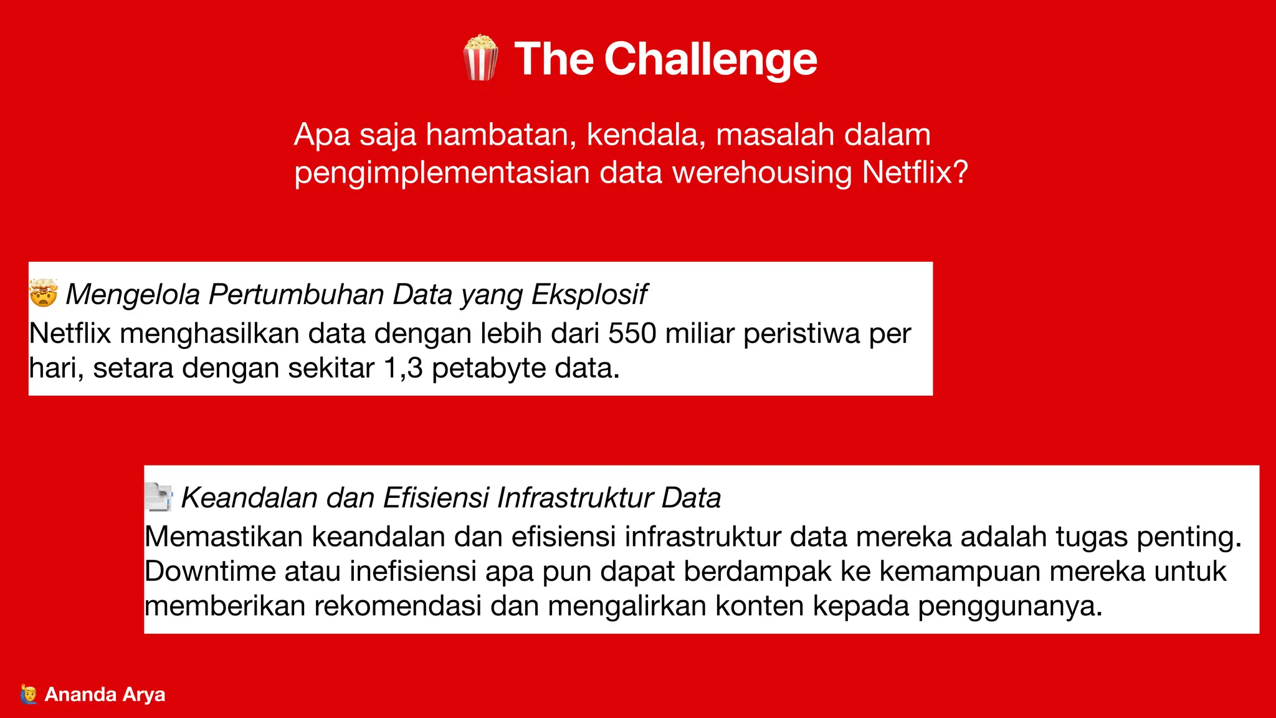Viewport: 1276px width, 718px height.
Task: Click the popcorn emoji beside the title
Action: (x=480, y=58)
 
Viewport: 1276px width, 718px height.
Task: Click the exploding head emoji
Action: (x=44, y=293)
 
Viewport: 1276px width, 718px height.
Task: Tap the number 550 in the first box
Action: (x=632, y=333)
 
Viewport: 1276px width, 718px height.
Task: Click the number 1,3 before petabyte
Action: (x=403, y=368)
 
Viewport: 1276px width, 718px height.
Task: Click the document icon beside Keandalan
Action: (x=158, y=497)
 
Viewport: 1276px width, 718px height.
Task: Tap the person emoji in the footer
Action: (x=29, y=694)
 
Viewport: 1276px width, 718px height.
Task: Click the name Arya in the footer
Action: (x=144, y=694)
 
